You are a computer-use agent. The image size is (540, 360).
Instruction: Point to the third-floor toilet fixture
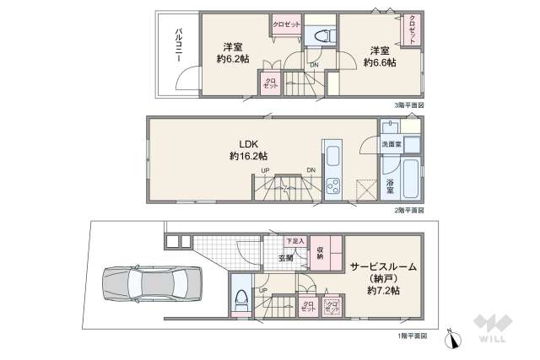(321, 35)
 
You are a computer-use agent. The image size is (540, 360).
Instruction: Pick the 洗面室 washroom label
(391, 144)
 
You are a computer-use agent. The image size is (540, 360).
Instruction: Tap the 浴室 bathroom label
(390, 186)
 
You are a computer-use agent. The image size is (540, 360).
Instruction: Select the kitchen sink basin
(332, 156)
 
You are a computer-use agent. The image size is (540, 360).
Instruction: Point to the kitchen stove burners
(332, 185)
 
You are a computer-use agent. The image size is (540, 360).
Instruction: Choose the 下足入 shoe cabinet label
(294, 241)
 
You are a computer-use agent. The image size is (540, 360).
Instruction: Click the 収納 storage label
(321, 253)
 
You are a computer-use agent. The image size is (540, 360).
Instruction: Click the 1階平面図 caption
(411, 334)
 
